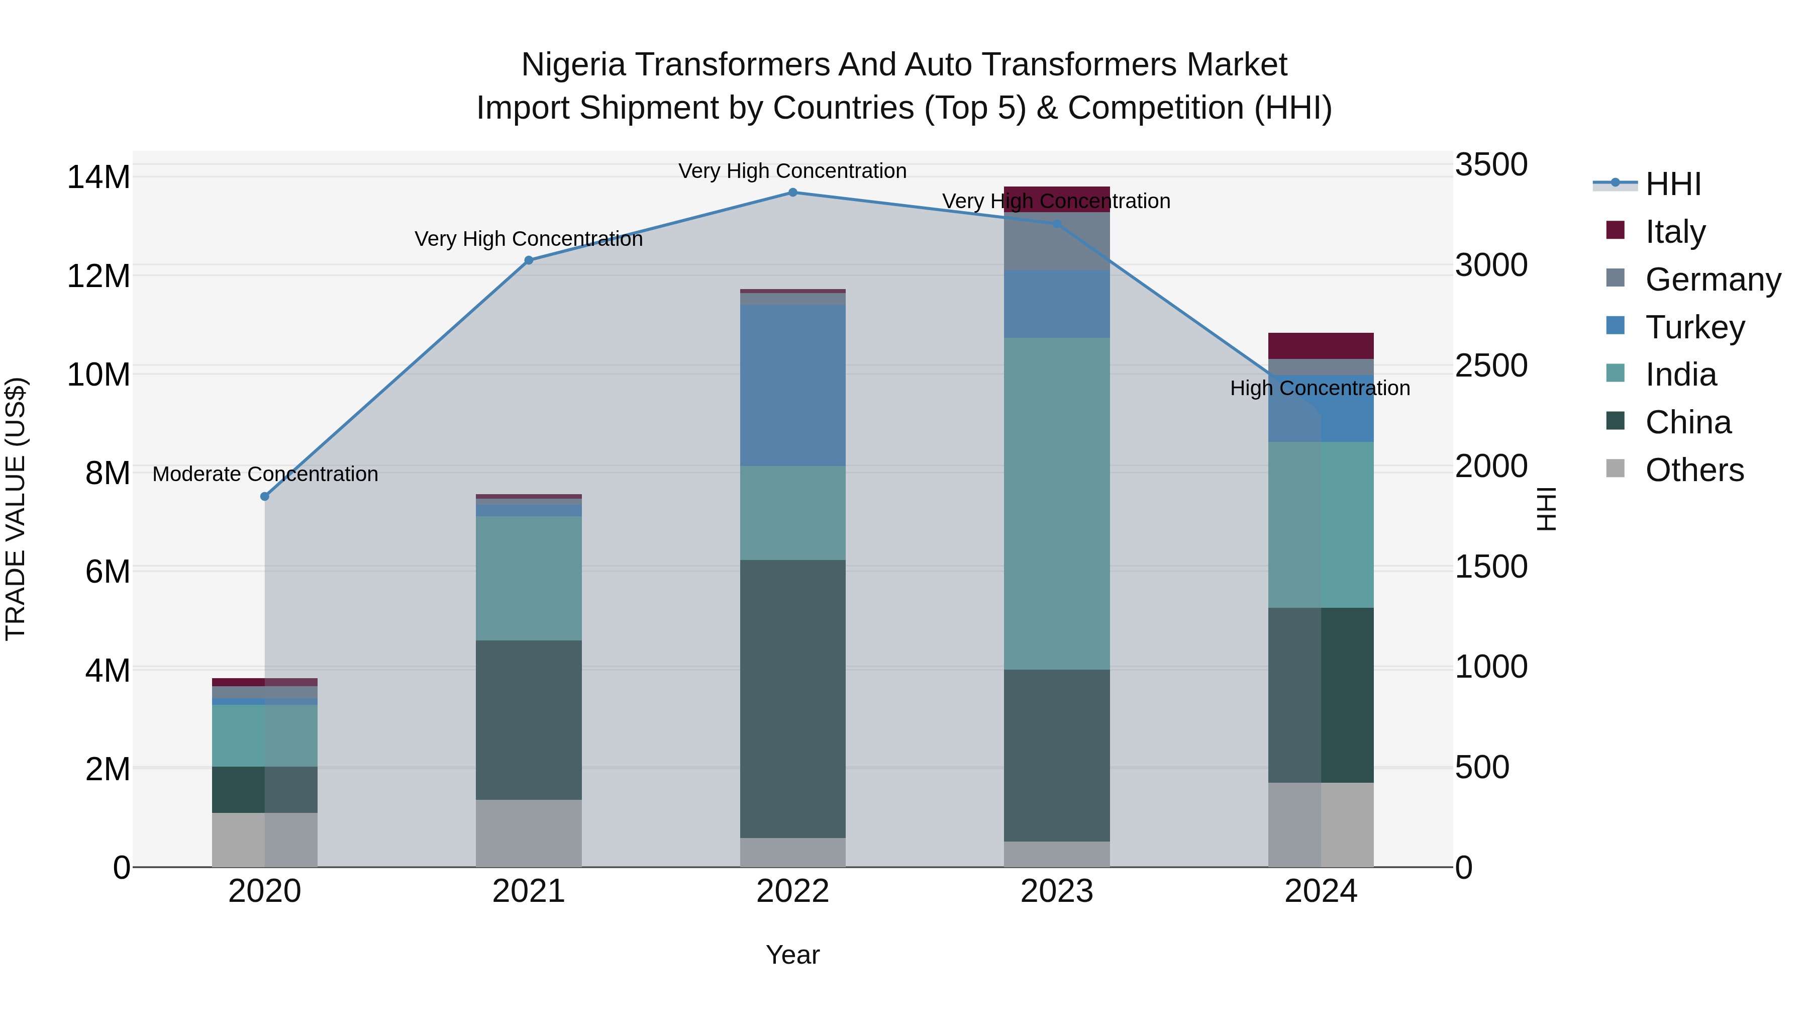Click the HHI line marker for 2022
[793, 193]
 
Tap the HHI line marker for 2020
[265, 497]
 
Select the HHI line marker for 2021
[529, 260]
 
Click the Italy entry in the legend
[1675, 232]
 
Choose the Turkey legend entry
[1694, 327]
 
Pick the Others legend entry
[1694, 470]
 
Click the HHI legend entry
[1673, 184]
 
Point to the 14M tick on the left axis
[98, 177]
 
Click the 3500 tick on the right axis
[1491, 165]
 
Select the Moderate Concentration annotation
[265, 474]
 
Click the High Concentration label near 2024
[1320, 389]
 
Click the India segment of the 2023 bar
[1057, 503]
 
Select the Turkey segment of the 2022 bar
[793, 385]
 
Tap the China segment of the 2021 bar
[529, 719]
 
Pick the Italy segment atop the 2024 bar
[1320, 346]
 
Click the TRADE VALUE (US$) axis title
[16, 509]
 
